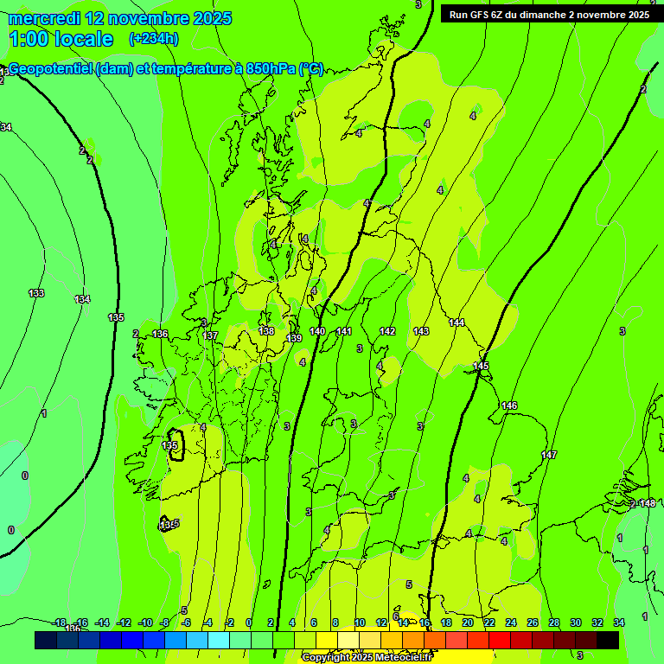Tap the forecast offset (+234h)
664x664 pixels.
[154, 38]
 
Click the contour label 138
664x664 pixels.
[266, 331]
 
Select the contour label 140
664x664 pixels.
[317, 331]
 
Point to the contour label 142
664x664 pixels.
[387, 331]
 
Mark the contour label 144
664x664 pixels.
[456, 322]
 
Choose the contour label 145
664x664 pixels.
[481, 367]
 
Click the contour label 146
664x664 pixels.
[509, 405]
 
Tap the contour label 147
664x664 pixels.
[549, 455]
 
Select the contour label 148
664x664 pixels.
[648, 503]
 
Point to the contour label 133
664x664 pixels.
[36, 293]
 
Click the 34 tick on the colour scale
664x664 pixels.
[618, 622]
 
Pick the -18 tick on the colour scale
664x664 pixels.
[60, 622]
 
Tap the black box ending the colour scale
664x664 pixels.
[607, 640]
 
